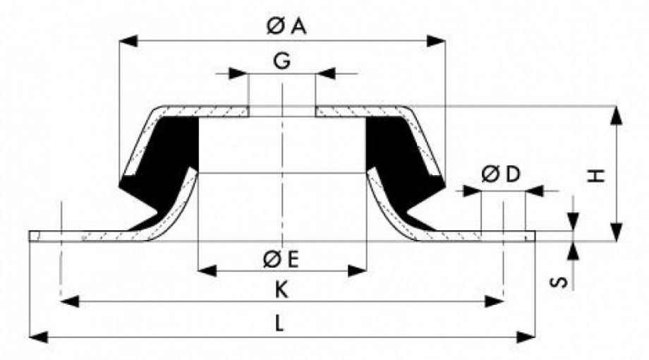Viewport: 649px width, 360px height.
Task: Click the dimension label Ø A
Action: tap(286, 27)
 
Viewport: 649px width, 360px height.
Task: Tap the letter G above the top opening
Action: tap(282, 61)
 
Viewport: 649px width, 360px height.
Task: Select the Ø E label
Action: tap(281, 260)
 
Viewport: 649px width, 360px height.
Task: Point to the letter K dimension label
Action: tap(281, 290)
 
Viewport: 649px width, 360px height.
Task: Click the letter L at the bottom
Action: tap(280, 323)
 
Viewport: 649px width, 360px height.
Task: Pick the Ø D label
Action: tap(501, 174)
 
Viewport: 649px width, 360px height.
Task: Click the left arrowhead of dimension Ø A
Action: tap(128, 41)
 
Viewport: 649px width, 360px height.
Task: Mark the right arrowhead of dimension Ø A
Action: tap(436, 41)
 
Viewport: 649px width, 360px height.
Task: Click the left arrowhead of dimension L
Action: tap(39, 337)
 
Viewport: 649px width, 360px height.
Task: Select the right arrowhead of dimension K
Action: tap(494, 301)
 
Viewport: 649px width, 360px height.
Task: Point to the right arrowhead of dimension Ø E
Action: tap(357, 271)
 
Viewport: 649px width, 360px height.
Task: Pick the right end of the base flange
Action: tap(535, 236)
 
